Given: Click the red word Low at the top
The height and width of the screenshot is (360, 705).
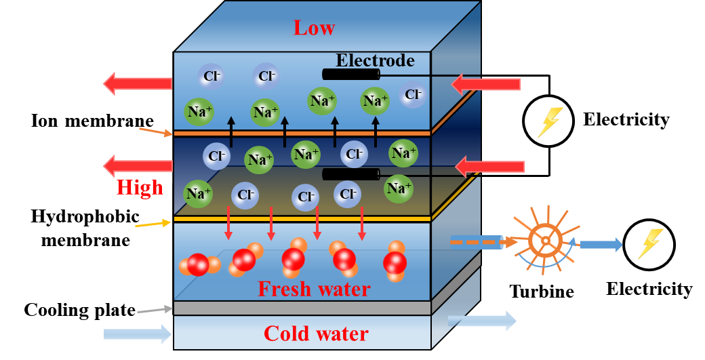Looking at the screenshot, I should point(314,28).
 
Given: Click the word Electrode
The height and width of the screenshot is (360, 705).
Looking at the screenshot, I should point(375,60).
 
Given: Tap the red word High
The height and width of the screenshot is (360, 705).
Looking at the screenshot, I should point(140,188).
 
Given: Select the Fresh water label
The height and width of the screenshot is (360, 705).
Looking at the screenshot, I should point(314,289).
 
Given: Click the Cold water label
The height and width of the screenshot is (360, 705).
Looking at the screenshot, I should point(316,334).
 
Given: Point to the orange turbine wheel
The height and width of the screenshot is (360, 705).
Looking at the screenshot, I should point(544,240).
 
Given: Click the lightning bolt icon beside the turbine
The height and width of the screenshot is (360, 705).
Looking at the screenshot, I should point(649,245).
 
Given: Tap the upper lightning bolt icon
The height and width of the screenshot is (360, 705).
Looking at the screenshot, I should point(548,121).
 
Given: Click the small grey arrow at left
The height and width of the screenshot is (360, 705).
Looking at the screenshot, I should point(154,310).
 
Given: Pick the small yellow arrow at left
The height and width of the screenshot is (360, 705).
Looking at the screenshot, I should point(153,224).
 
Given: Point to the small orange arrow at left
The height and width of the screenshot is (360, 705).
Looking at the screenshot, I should point(155,131).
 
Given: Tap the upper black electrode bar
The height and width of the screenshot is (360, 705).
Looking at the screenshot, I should point(350,75).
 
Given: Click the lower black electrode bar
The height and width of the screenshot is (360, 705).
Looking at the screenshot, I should point(350,174).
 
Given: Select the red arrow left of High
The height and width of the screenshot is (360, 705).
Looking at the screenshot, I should point(138,165).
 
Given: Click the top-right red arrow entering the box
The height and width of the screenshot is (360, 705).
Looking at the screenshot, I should point(485,84).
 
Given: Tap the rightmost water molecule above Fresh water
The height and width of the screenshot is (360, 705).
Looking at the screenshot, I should point(395,262).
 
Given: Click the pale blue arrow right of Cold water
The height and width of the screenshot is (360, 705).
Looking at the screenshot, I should point(482,320).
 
